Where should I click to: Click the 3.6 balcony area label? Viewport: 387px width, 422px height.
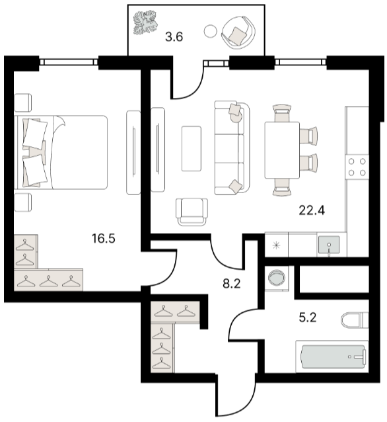[174, 36]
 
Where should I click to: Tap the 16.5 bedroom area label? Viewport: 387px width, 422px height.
[104, 239]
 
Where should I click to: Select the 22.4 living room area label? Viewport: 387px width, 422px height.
[312, 210]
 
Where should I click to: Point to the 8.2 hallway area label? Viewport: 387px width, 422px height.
[232, 283]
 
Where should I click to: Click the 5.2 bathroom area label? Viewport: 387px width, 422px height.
[308, 317]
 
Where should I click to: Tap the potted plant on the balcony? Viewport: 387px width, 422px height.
[145, 22]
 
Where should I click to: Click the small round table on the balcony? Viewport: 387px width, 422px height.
[210, 32]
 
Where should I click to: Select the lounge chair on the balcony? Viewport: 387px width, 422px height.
[238, 32]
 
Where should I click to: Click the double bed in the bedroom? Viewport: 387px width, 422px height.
[62, 152]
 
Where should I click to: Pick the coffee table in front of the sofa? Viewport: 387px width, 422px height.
[192, 149]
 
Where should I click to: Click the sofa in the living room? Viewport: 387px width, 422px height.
[232, 148]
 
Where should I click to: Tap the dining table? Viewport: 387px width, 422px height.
[282, 150]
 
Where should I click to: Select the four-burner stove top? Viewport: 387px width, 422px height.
[357, 167]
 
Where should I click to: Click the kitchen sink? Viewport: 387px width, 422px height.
[329, 245]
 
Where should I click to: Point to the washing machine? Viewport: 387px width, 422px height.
[277, 278]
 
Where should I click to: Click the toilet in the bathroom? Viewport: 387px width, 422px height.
[355, 320]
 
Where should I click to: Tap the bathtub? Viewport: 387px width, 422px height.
[332, 357]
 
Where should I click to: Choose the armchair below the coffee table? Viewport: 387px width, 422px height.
[192, 212]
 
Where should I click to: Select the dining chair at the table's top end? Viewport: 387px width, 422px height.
[282, 114]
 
